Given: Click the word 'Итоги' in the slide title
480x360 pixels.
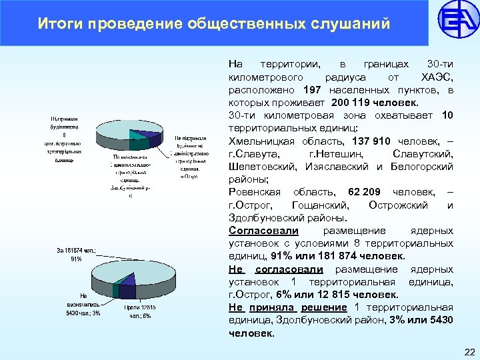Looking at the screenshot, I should pyautogui.click(x=58, y=25).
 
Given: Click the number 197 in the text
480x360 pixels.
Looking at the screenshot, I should pyautogui.click(x=312, y=90).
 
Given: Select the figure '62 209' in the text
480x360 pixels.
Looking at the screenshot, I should pyautogui.click(x=365, y=192).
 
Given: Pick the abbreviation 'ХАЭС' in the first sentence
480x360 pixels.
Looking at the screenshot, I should pyautogui.click(x=437, y=77).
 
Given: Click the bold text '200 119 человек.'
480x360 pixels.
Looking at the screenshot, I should pyautogui.click(x=375, y=103).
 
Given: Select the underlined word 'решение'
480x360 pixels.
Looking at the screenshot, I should pyautogui.click(x=324, y=307).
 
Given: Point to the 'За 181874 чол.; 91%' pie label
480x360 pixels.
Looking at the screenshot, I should pyautogui.click(x=77, y=255).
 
